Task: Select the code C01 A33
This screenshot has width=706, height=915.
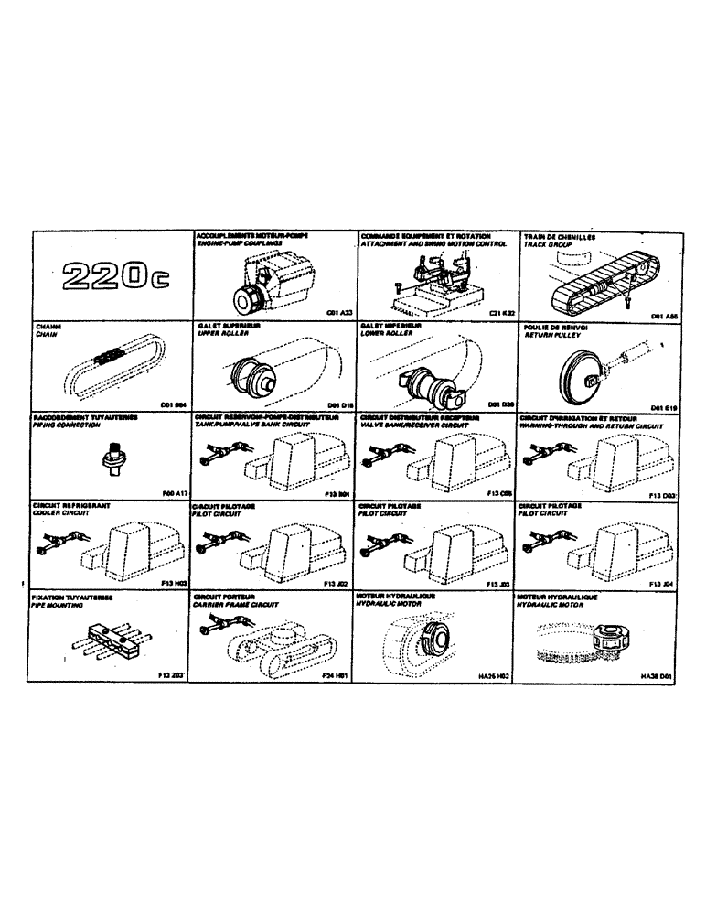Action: coord(337,311)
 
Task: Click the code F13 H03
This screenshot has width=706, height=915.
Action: coord(175,582)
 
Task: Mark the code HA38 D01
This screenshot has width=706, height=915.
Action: coord(656,677)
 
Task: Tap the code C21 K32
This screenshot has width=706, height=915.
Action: coord(502,312)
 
